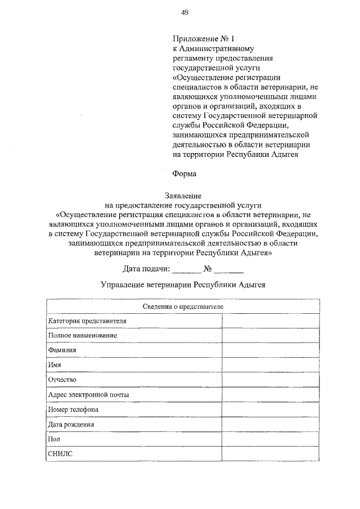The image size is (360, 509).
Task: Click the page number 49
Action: (x=184, y=12)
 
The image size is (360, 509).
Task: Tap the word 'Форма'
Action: (x=184, y=175)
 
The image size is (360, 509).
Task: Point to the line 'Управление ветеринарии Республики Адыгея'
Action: (x=183, y=285)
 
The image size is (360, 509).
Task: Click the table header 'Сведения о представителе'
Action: (x=183, y=306)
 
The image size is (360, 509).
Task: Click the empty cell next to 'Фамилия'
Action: (x=271, y=350)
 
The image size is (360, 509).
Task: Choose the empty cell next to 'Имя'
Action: (x=271, y=364)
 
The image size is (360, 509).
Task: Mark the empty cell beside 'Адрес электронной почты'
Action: (x=271, y=394)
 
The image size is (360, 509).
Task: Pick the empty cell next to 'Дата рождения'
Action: (x=271, y=424)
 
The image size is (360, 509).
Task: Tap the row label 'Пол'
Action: (x=55, y=439)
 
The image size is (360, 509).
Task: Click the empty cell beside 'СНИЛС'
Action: (x=271, y=453)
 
